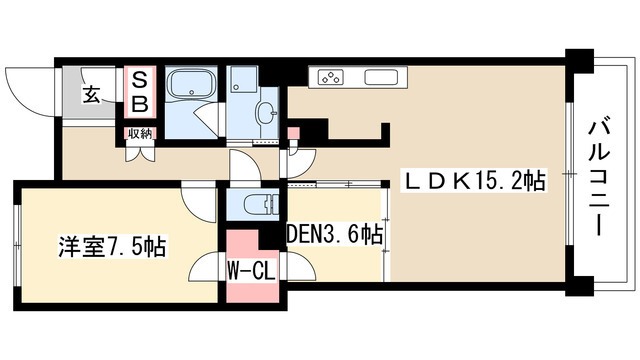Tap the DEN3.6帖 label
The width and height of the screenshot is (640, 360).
coord(335,234)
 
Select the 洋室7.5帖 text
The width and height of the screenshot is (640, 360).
coord(112,246)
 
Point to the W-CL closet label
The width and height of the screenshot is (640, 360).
coord(251,271)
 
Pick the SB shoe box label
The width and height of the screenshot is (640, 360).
coord(140,92)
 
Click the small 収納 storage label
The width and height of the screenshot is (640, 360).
coord(140,133)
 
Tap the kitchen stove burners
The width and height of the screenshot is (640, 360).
coord(331,78)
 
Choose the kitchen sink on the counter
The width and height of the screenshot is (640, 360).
coord(380,77)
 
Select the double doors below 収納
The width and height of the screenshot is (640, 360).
coord(141,151)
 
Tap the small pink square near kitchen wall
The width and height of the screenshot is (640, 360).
coord(293,133)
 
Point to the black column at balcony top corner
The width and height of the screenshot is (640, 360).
coord(579,61)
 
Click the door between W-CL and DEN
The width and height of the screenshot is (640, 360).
coord(300,266)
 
